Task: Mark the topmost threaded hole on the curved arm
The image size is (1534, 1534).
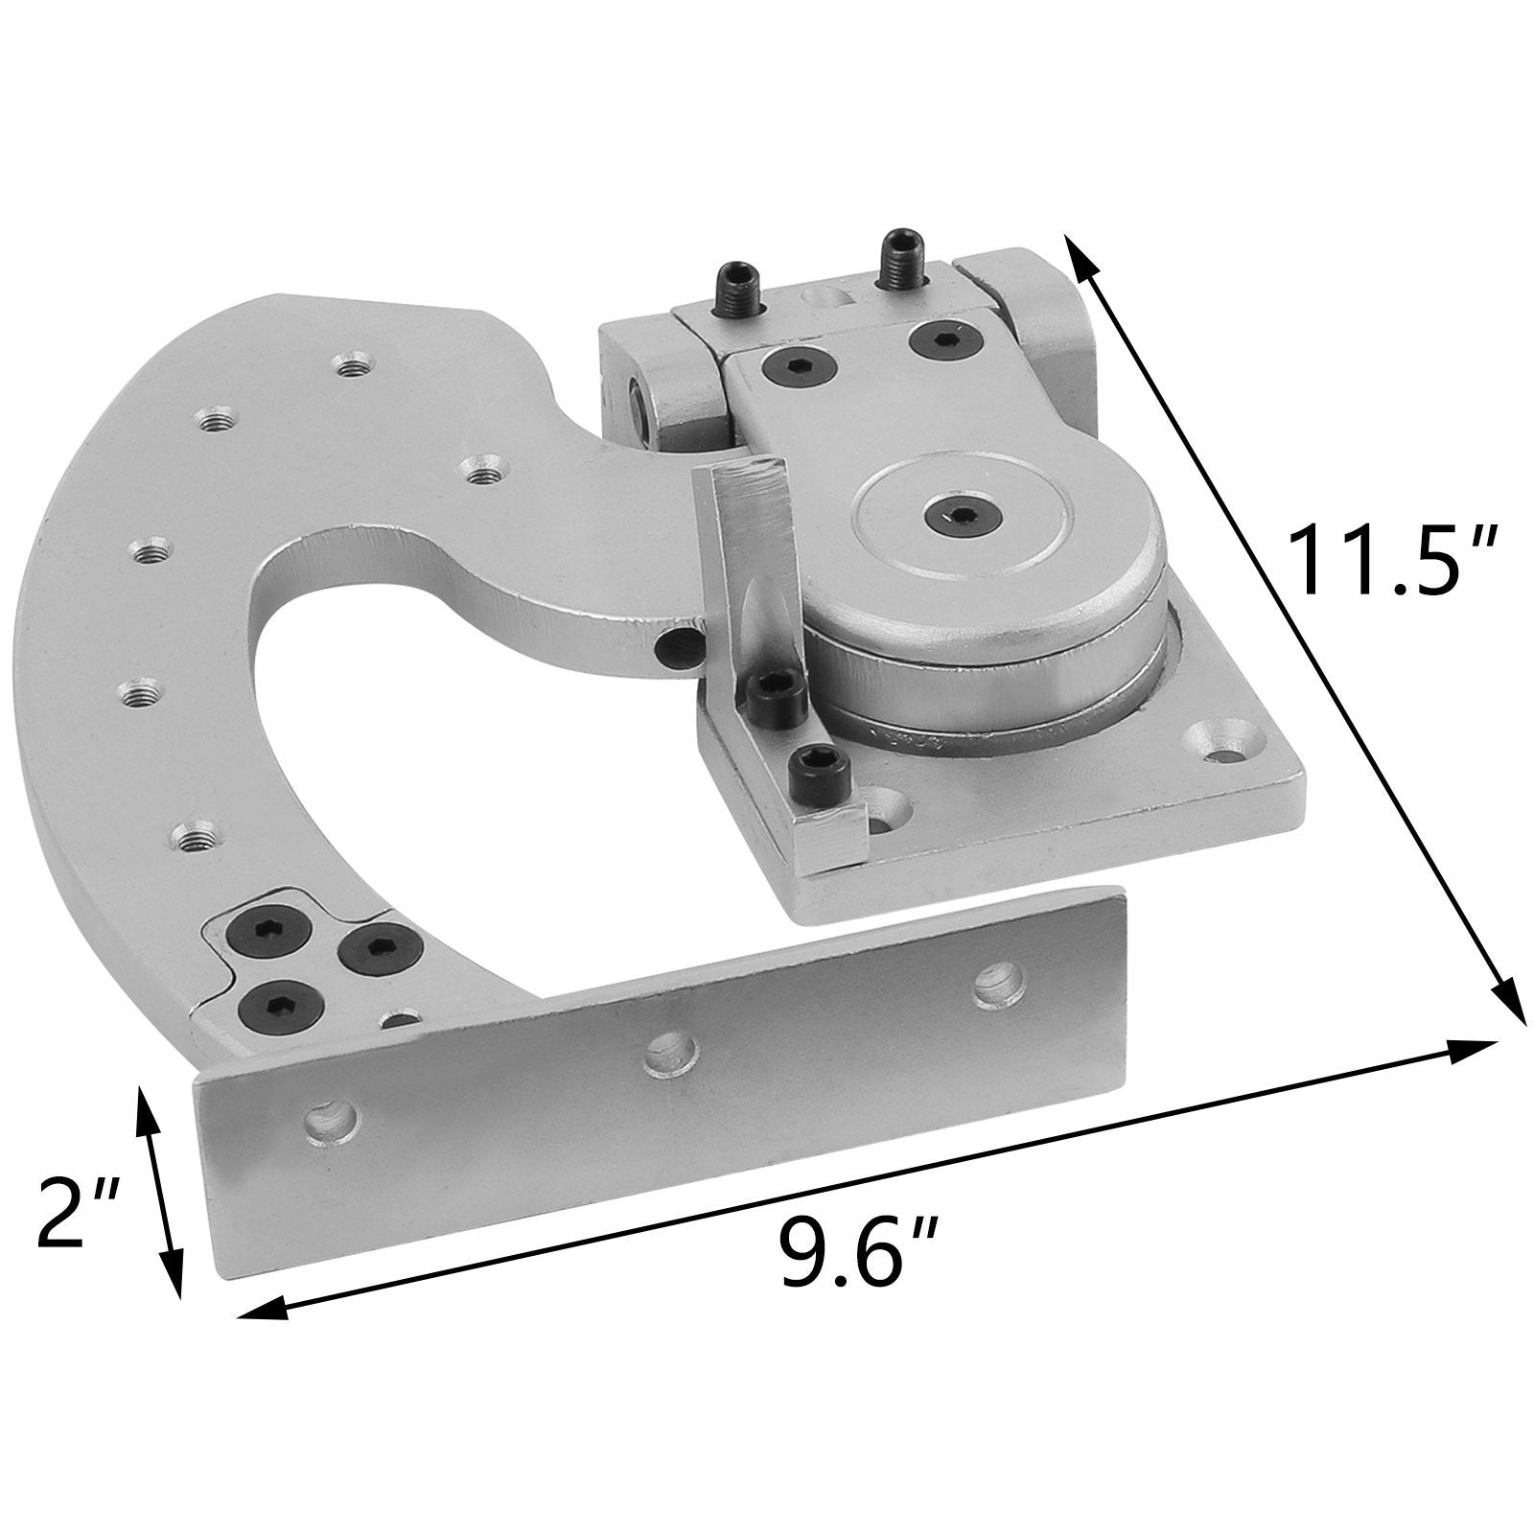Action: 350,364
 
